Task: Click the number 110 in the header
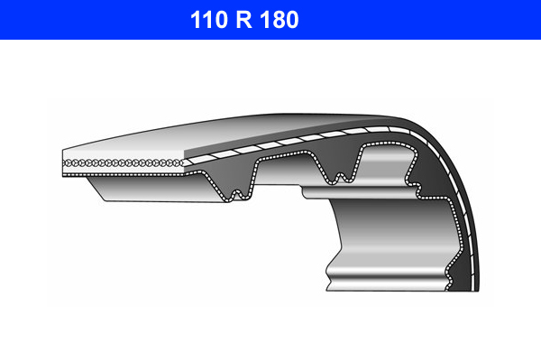(x=209, y=20)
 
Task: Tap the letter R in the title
(x=244, y=20)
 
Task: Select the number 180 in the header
(x=280, y=20)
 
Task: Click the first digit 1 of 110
(x=196, y=20)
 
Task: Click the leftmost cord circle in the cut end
(x=66, y=163)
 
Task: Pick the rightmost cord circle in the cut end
(x=179, y=163)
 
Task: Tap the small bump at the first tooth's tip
(x=237, y=194)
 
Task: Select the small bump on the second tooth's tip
(x=340, y=177)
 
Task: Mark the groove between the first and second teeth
(x=281, y=157)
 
